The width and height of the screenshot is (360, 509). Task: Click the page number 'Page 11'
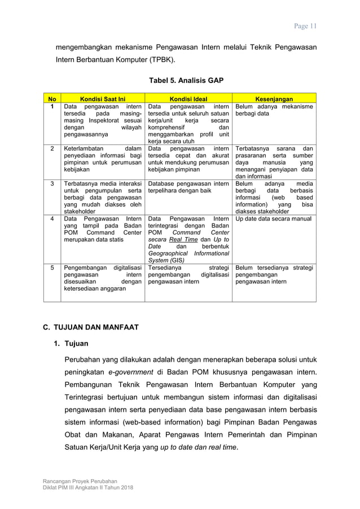306,26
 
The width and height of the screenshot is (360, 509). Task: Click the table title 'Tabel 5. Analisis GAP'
186,81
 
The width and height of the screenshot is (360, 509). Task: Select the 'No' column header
52,98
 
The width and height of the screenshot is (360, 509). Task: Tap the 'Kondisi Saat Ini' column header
103,98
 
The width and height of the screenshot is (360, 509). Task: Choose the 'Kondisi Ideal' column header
188,98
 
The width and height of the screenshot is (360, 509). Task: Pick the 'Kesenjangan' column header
274,98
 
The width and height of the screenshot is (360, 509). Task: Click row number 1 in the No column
52,106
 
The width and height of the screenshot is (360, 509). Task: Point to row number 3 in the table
52,183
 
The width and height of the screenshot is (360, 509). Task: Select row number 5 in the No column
52,268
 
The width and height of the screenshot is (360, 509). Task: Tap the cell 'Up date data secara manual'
273,218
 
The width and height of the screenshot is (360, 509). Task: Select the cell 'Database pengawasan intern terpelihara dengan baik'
188,187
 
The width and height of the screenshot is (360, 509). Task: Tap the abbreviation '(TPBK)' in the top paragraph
161,60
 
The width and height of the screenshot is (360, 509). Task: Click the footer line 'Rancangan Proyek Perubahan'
80,481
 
